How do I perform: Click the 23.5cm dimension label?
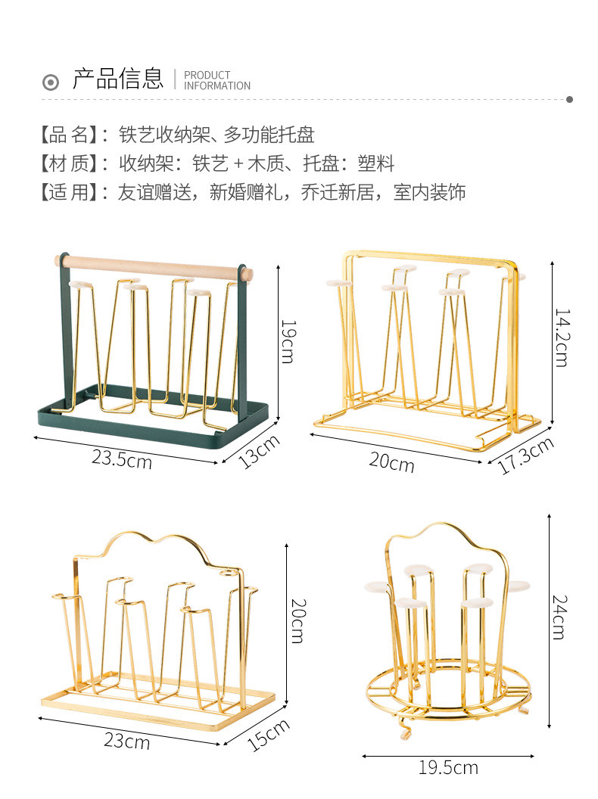pos(122,458)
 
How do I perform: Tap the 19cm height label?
pos(288,341)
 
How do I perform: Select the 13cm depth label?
pos(260,452)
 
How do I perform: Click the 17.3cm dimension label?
pos(526,456)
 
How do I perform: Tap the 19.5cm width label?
pos(448,768)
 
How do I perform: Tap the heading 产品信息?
pos(117,79)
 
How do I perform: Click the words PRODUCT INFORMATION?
pos(216,80)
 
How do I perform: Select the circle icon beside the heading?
pos(51,82)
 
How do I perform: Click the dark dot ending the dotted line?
pos(569,99)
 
